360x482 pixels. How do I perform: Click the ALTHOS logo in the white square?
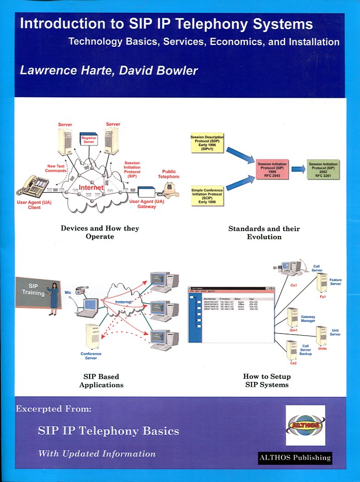[305, 425]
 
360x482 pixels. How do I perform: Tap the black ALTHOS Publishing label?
[295, 457]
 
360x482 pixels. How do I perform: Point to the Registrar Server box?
[88, 139]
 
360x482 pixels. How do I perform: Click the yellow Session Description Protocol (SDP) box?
[208, 142]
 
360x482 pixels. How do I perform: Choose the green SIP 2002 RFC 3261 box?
[323, 169]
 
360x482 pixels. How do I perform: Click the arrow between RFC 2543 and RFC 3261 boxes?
[298, 169]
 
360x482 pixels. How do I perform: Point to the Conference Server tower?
[92, 337]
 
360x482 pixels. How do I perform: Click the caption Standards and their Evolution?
[264, 232]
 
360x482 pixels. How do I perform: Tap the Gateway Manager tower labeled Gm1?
[293, 317]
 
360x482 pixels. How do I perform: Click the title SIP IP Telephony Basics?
[108, 431]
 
